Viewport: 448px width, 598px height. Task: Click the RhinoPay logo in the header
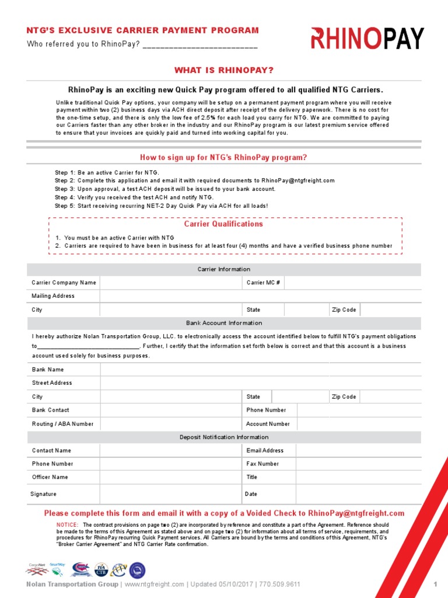[x=367, y=39]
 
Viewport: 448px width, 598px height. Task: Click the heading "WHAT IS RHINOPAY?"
[x=224, y=71]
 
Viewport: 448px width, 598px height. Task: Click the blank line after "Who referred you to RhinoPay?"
[x=199, y=45]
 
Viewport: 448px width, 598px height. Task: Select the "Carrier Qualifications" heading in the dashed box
[x=223, y=224]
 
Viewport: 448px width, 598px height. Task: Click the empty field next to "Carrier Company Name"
[x=171, y=283]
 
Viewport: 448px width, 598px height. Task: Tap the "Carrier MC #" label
[x=263, y=283]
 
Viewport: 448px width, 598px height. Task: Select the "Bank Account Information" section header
[x=224, y=323]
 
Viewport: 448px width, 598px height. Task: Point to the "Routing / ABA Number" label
[x=62, y=424]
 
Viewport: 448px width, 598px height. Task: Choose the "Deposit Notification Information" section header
[x=224, y=437]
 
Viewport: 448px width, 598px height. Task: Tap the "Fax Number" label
[x=262, y=464]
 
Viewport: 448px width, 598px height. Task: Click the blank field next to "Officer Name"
[x=171, y=477]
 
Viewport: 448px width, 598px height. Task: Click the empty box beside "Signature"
[x=171, y=494]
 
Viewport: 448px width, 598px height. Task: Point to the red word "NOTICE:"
[x=67, y=525]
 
